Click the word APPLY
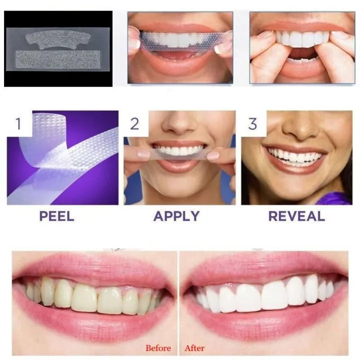pos(176,216)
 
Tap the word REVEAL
pos(296,216)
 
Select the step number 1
pos(18,123)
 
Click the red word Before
pos(158,348)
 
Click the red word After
pos(194,348)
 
